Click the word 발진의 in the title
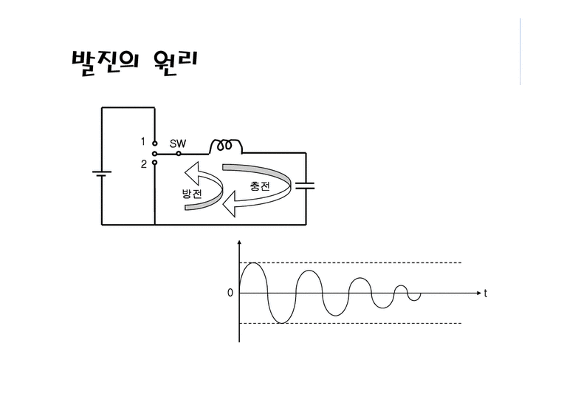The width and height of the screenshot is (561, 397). tap(105, 63)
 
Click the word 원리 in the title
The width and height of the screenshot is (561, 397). tap(176, 63)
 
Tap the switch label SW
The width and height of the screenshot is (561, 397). tap(178, 143)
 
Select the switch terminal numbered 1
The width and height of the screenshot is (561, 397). tap(154, 143)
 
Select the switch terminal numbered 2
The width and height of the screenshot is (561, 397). tap(154, 163)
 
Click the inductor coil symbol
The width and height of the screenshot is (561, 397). tap(225, 146)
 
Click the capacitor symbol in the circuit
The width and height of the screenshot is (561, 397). tap(305, 186)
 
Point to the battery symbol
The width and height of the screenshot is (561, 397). tap(102, 174)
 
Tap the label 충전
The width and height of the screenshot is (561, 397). tap(260, 186)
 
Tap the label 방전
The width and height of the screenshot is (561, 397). tap(192, 194)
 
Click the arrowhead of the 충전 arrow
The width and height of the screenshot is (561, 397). tap(230, 204)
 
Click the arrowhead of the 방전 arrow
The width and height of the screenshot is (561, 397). tap(191, 173)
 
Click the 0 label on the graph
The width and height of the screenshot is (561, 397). tap(230, 293)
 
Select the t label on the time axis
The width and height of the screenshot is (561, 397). tap(486, 293)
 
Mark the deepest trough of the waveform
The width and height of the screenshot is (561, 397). tap(281, 323)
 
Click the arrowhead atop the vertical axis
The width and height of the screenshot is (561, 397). tap(239, 242)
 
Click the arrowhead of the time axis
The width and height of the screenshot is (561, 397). tap(479, 293)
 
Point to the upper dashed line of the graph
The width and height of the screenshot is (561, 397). tap(351, 262)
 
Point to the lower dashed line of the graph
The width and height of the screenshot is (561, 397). tap(351, 323)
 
